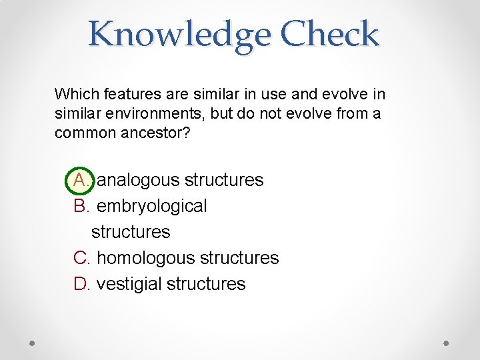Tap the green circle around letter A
pyautogui.click(x=81, y=180)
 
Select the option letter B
pyautogui.click(x=81, y=206)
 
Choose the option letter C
pyautogui.click(x=81, y=257)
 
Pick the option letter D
pyautogui.click(x=81, y=283)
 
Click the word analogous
pyautogui.click(x=138, y=180)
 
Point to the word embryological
pyautogui.click(x=152, y=206)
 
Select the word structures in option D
pyautogui.click(x=206, y=283)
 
